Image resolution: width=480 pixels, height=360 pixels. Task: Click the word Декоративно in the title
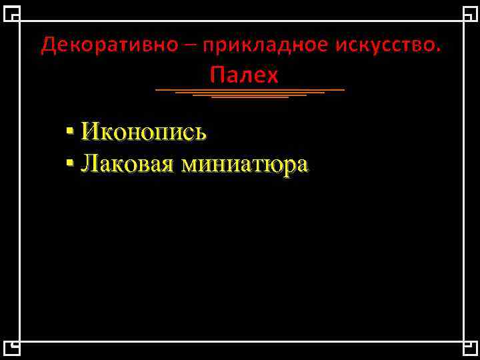[109, 45]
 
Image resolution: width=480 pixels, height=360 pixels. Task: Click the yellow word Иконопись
[143, 132]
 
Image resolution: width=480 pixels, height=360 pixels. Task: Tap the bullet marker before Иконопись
[70, 131]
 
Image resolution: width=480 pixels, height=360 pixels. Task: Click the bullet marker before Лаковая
[70, 162]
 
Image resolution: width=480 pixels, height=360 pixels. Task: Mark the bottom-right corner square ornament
[469, 348]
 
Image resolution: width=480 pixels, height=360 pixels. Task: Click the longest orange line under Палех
[249, 89]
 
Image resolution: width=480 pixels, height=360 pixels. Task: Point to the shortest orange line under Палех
[249, 98]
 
